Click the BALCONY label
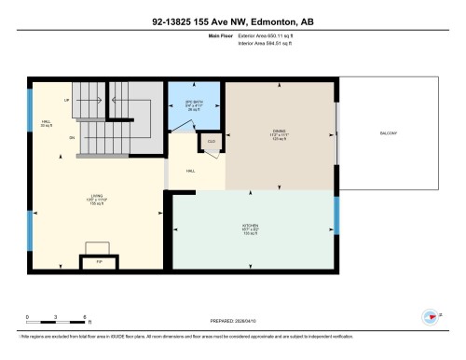pos(389,134)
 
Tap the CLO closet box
pos(210,142)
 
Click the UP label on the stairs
pos(66,99)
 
